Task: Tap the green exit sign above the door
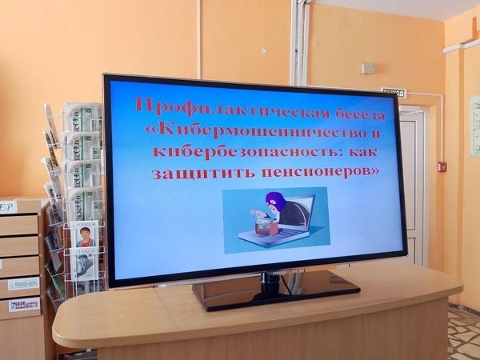pos(393,92)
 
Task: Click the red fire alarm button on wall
pos(442,166)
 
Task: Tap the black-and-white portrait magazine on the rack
pos(85,264)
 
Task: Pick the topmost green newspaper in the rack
pos(83,118)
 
